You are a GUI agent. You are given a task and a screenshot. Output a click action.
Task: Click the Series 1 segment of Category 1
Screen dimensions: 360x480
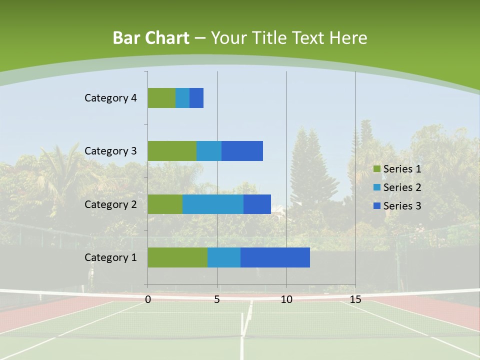(x=177, y=257)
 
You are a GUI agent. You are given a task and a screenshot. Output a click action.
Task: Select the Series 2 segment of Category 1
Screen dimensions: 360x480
(x=224, y=257)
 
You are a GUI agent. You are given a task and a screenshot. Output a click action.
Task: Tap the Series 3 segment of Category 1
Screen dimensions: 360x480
(x=275, y=257)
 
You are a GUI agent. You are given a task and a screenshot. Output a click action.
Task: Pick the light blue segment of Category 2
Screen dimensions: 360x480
(x=213, y=204)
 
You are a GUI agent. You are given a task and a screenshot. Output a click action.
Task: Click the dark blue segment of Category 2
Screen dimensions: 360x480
(x=257, y=204)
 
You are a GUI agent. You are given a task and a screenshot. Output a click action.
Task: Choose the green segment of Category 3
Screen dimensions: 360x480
(x=172, y=151)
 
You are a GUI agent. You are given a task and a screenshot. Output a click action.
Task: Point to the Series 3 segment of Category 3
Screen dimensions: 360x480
(x=242, y=151)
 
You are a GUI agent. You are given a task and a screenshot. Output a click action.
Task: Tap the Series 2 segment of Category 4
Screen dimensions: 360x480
(x=182, y=98)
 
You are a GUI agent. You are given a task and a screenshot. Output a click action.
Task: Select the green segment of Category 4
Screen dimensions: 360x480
(x=161, y=98)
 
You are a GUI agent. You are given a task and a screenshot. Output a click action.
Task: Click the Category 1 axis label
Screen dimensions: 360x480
(x=110, y=257)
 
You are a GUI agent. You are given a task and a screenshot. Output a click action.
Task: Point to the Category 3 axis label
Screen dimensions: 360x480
(x=110, y=151)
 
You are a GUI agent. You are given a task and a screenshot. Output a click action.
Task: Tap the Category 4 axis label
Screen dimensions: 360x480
(x=110, y=98)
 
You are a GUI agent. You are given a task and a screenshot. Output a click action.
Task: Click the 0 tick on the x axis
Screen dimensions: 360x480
(x=148, y=299)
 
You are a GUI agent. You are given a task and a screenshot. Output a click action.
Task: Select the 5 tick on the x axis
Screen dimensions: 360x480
(x=217, y=299)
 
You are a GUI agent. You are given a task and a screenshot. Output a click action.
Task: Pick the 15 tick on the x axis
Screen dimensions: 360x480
(x=355, y=299)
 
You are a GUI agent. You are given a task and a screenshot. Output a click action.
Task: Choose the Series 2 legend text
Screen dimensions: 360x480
(x=402, y=187)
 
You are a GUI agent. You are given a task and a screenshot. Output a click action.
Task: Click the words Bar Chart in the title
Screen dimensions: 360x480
(x=151, y=38)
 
